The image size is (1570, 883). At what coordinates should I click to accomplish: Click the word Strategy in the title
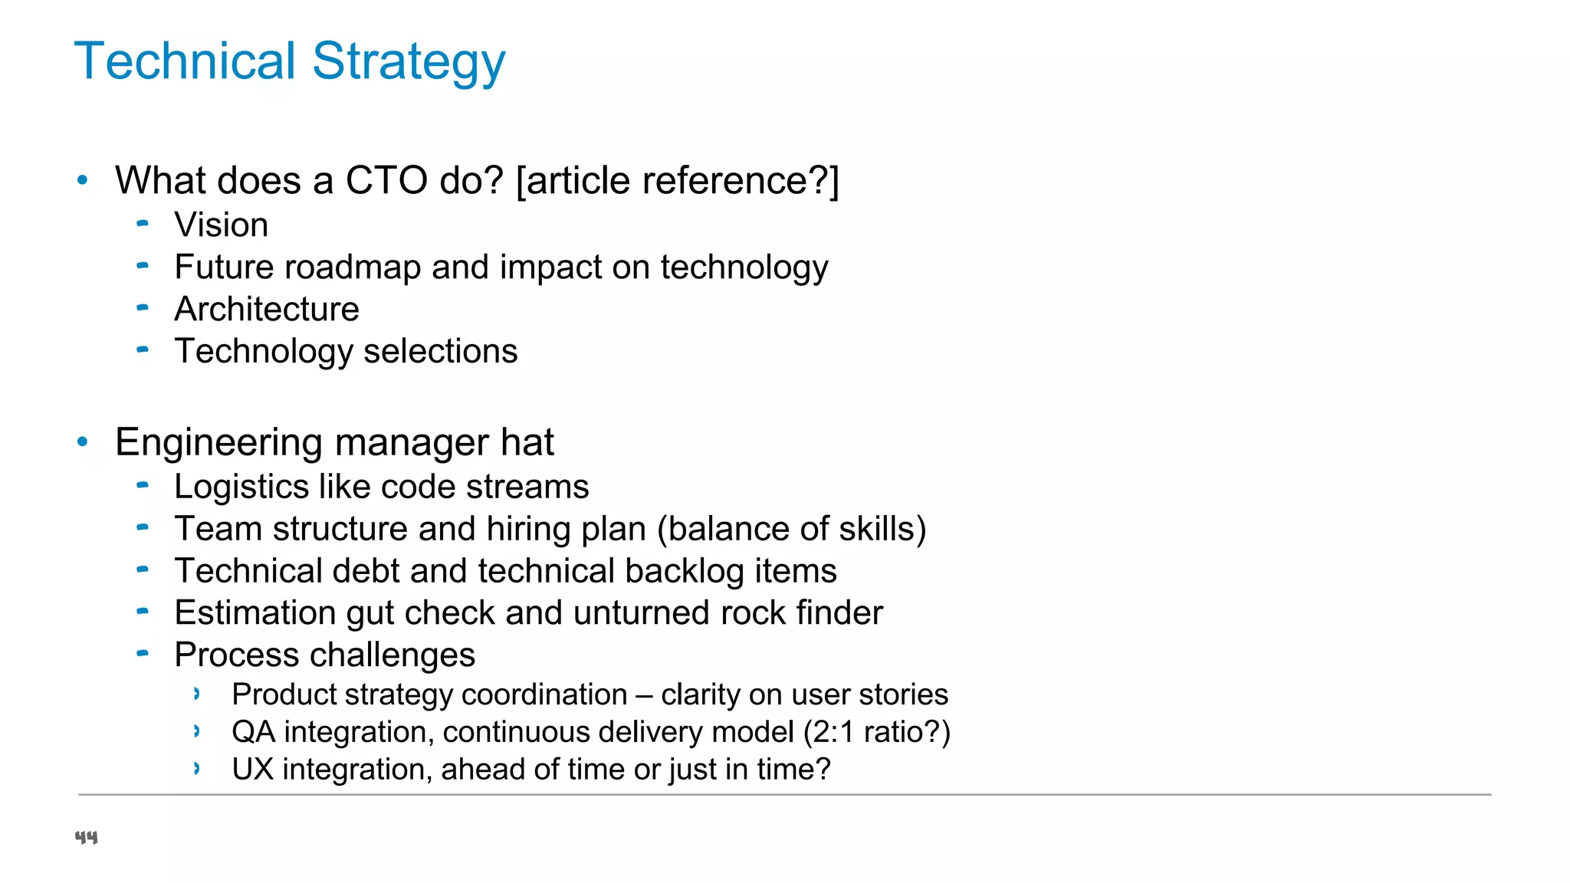pyautogui.click(x=409, y=61)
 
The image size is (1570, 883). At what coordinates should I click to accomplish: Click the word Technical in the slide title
pyautogui.click(x=185, y=61)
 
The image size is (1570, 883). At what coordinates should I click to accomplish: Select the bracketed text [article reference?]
pyautogui.click(x=678, y=181)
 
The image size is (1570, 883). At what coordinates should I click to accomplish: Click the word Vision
pyautogui.click(x=221, y=225)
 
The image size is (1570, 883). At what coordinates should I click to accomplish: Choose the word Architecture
pyautogui.click(x=266, y=310)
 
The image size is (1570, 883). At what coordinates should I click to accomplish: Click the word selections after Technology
pyautogui.click(x=440, y=352)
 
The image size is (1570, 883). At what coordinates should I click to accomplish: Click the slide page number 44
pyautogui.click(x=86, y=837)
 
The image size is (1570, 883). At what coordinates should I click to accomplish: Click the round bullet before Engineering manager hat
pyautogui.click(x=83, y=441)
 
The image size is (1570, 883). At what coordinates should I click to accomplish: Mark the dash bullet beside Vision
pyautogui.click(x=143, y=224)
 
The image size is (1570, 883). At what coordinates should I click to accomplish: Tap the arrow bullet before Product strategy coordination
pyautogui.click(x=197, y=694)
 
